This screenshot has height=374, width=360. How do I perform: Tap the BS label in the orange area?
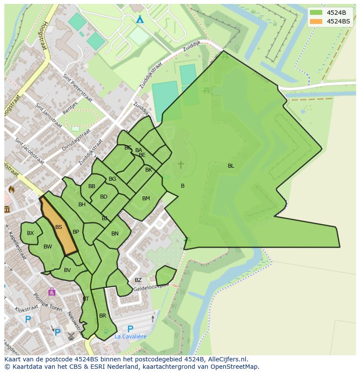(x=59, y=227)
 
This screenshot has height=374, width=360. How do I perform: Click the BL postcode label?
(x=231, y=166)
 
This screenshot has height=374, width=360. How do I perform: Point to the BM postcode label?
(x=146, y=199)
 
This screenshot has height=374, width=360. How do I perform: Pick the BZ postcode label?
(x=138, y=280)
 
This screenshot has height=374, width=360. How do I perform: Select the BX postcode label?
(x=30, y=233)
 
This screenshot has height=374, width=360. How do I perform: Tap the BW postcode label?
(x=48, y=247)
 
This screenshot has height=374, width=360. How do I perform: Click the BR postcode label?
(x=103, y=316)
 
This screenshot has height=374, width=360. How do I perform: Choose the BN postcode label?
(x=115, y=234)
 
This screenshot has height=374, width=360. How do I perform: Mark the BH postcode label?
(x=82, y=205)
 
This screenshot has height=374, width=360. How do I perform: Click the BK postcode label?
(x=149, y=170)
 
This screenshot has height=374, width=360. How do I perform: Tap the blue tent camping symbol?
(x=140, y=20)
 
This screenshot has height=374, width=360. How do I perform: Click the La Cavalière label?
(x=130, y=336)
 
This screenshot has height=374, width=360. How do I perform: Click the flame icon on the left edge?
(x=11, y=189)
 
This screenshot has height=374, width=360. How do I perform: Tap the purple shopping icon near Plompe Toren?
(x=52, y=291)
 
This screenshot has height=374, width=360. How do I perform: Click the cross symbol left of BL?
(x=180, y=165)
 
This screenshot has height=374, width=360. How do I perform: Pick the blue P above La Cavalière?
(x=130, y=328)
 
